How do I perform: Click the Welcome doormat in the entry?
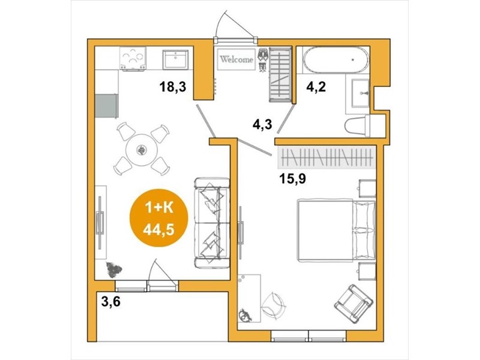coord(236,59)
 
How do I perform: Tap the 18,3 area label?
coord(173,87)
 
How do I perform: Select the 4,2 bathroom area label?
coord(316,87)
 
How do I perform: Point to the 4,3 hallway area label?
coord(262,124)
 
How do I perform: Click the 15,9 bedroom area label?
coord(293,179)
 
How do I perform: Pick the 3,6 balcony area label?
coord(111,302)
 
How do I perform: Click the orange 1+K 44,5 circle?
coord(158,218)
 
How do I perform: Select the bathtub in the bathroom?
coord(336,60)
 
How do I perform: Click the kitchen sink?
coord(175,59)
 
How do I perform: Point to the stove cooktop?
coord(133,58)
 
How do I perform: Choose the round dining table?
coord(142,150)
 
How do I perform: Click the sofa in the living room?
coord(212,223)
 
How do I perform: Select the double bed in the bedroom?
coord(337,230)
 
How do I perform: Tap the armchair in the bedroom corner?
coord(353,302)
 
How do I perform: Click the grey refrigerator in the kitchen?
coord(106,106)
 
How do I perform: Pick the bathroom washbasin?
coord(361,93)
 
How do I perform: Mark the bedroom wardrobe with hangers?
coord(326,158)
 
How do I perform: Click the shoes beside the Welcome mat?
coord(263,59)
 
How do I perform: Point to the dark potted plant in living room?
coord(113,269)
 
